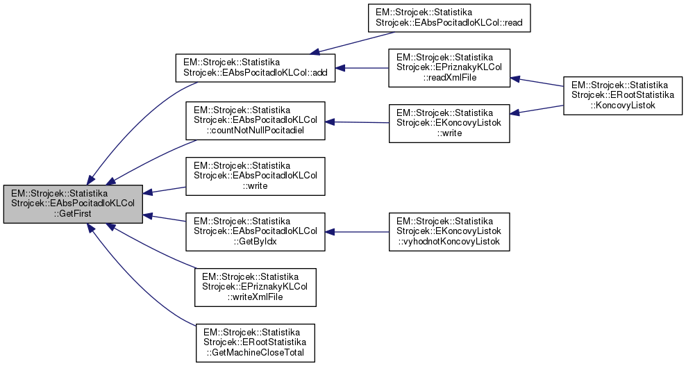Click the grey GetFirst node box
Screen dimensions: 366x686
(x=73, y=204)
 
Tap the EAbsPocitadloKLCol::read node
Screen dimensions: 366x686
(x=449, y=17)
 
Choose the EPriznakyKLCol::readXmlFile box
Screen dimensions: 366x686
(x=449, y=68)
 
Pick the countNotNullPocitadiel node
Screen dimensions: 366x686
(x=255, y=121)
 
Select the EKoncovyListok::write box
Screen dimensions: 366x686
(x=449, y=123)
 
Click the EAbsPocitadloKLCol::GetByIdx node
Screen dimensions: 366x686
(x=255, y=231)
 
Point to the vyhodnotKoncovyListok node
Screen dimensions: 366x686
(x=449, y=231)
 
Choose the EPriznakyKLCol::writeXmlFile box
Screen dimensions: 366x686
(x=255, y=287)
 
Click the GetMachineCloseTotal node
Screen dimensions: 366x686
(x=255, y=342)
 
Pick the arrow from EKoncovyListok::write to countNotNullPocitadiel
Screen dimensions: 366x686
(x=357, y=122)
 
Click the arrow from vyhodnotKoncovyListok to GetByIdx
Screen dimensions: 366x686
(x=357, y=231)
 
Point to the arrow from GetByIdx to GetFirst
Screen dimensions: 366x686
(x=164, y=219)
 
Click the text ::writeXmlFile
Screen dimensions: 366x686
(x=255, y=297)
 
